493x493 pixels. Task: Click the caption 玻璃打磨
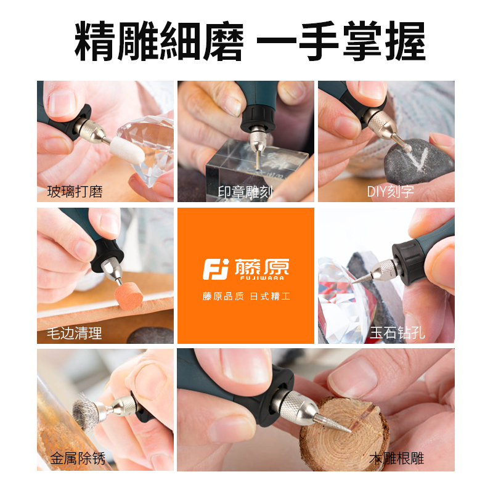tap(75, 192)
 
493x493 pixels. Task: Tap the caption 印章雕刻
tap(245, 192)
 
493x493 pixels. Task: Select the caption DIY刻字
tap(391, 192)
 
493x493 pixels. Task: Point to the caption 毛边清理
tap(75, 333)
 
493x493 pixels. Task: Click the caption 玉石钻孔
tap(397, 333)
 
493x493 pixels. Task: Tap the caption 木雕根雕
tap(397, 458)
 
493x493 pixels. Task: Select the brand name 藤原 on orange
tap(262, 267)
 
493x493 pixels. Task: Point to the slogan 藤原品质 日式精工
tap(246, 296)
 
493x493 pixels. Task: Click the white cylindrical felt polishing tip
tap(112, 142)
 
